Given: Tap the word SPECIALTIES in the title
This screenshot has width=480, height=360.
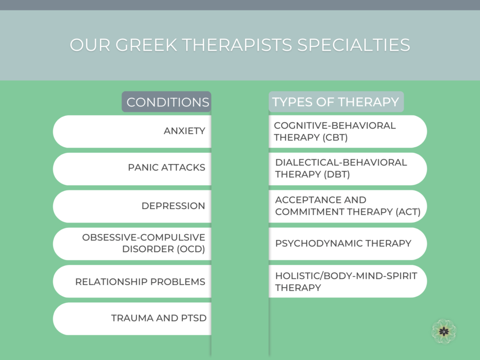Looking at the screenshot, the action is tap(353, 45).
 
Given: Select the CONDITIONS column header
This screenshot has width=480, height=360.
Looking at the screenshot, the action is tap(168, 102).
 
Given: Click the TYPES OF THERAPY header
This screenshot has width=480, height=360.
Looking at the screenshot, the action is tap(336, 102).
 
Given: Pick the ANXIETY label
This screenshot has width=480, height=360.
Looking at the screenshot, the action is tap(184, 131).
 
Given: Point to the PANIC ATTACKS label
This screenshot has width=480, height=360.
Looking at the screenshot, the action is tap(166, 167).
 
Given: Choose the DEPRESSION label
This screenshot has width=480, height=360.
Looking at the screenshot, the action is tap(173, 206).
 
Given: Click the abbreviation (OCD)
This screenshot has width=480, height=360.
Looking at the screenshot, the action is tap(191, 249).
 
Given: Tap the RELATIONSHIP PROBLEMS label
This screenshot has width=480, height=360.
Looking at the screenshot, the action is tap(140, 282).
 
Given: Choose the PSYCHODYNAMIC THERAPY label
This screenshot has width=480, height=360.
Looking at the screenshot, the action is tap(343, 243).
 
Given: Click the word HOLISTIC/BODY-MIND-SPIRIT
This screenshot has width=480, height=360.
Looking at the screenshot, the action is tap(346, 276).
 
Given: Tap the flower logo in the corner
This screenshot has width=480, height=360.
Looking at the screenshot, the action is tap(443, 331).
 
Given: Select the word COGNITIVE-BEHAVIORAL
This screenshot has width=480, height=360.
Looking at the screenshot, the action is tap(335, 126).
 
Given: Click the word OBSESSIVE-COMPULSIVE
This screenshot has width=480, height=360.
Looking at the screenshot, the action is tap(143, 237).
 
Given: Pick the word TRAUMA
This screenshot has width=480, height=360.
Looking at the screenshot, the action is tap(132, 318).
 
